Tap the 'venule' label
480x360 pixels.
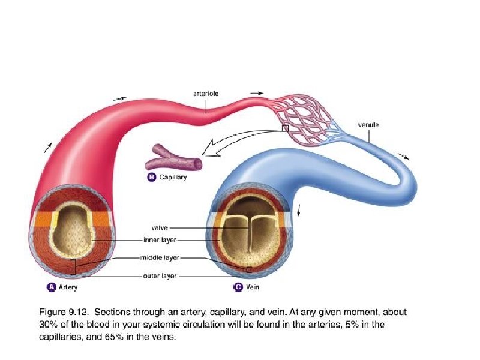(368, 125)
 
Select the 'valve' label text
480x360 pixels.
(160, 228)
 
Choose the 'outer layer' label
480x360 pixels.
(160, 276)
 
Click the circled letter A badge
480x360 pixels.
(52, 287)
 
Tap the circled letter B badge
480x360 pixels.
(152, 177)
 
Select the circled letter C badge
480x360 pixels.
(237, 287)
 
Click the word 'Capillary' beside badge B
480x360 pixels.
(173, 178)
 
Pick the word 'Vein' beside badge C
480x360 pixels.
(253, 288)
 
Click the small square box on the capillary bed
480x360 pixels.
(285, 128)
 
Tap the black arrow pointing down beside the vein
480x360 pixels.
(299, 208)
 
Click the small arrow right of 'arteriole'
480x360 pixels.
(257, 94)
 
